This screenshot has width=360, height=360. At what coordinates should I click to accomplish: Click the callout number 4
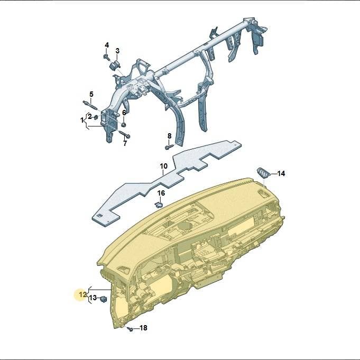tap(107, 45)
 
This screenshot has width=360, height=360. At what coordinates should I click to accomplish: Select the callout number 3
tap(117, 51)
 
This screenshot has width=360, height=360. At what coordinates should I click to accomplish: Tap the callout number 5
tap(91, 94)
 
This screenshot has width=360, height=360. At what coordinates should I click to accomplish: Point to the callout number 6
tap(124, 113)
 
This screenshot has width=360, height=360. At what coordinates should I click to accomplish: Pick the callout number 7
tap(125, 144)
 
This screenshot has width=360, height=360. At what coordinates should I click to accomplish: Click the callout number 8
tap(170, 136)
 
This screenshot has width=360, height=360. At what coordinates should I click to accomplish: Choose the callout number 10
tap(163, 166)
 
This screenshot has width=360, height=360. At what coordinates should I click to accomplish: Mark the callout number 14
tap(281, 173)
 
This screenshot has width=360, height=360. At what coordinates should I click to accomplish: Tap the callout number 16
tap(161, 193)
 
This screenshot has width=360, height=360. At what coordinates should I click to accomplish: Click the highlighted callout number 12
tap(82, 294)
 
